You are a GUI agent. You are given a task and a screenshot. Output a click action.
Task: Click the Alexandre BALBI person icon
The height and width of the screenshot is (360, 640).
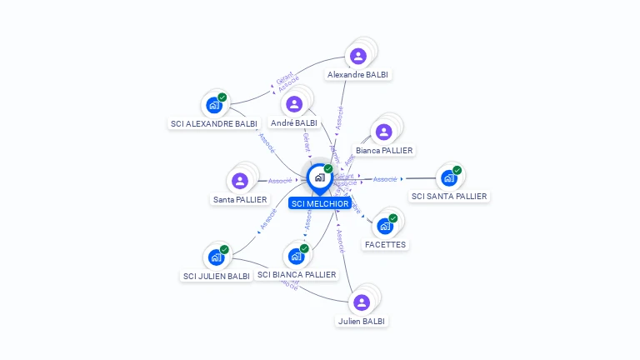click(x=358, y=57)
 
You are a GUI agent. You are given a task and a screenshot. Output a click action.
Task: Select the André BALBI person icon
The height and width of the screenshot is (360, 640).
click(x=294, y=104)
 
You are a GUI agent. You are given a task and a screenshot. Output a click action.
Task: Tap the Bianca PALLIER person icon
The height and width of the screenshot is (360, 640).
click(x=383, y=132)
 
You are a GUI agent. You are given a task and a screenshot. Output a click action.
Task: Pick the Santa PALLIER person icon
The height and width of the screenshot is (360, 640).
click(x=240, y=181)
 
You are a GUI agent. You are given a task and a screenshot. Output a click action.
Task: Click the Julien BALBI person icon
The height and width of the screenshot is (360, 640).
click(x=362, y=302)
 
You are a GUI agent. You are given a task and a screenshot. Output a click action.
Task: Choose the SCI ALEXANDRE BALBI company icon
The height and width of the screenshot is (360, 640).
click(x=214, y=105)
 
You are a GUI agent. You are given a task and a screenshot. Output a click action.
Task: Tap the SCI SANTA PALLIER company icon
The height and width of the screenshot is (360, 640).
click(x=449, y=177)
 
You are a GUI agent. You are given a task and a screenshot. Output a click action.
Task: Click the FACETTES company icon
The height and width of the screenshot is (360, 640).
click(x=385, y=226)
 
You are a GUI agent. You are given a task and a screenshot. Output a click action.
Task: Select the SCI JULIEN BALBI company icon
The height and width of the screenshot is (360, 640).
click(x=216, y=257)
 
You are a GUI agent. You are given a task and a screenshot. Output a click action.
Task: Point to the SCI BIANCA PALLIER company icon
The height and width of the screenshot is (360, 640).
click(x=296, y=256)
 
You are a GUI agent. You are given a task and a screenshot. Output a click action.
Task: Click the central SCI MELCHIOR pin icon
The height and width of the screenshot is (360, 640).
click(x=319, y=177)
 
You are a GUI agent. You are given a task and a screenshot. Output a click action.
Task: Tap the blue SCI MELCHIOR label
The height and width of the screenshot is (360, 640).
click(x=319, y=203)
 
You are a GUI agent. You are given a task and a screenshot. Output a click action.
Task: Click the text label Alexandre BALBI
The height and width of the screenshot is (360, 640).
click(x=358, y=74)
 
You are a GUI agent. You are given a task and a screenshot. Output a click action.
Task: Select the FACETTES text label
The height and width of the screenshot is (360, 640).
click(x=385, y=245)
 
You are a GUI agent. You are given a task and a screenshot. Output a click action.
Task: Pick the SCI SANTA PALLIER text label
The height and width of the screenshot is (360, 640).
click(x=450, y=197)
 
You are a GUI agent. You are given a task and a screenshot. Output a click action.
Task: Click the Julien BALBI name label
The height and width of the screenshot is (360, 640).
click(x=362, y=321)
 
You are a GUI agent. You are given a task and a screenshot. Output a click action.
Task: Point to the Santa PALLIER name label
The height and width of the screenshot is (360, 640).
click(x=240, y=200)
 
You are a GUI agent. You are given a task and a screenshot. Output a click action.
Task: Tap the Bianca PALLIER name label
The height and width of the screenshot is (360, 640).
click(x=384, y=151)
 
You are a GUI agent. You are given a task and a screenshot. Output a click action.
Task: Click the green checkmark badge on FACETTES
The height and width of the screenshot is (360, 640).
click(x=392, y=218)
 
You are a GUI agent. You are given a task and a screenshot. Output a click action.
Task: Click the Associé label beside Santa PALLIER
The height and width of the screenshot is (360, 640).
click(x=280, y=181)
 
